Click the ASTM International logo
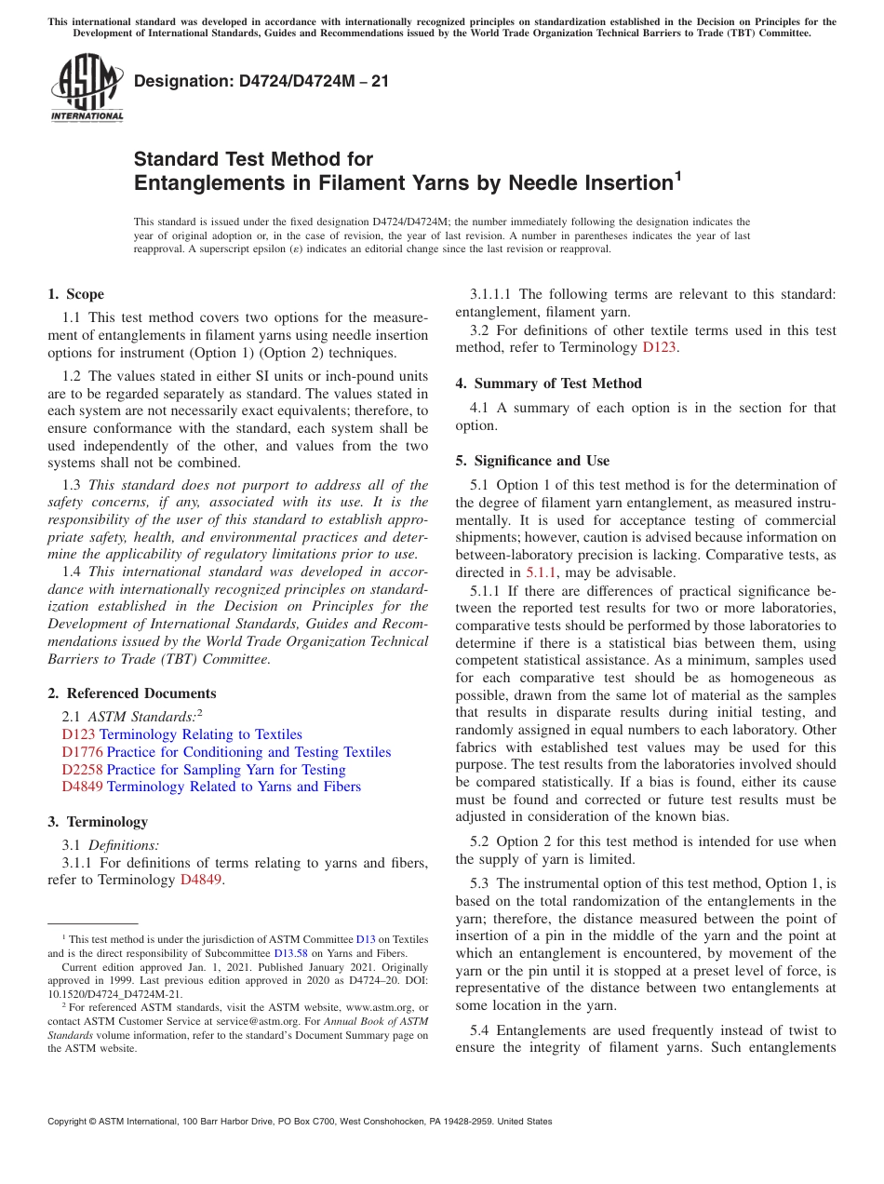[87, 88]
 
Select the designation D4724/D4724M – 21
[261, 82]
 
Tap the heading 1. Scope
[75, 294]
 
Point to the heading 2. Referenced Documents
[131, 693]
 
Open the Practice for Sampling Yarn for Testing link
[226, 770]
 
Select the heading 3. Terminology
[98, 822]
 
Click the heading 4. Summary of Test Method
[548, 383]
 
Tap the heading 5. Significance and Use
[532, 461]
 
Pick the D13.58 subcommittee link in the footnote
[289, 953]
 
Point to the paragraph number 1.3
[72, 485]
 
